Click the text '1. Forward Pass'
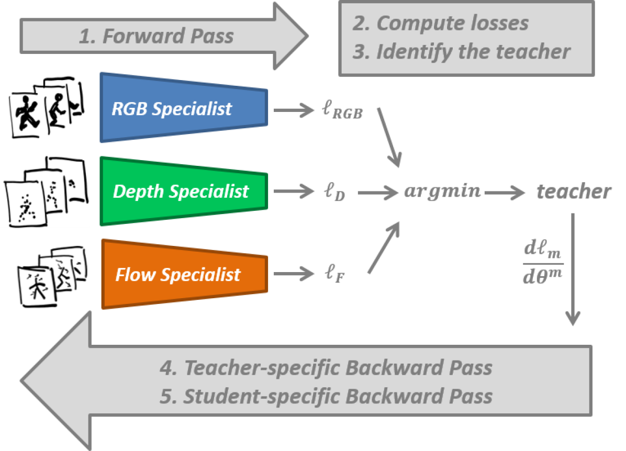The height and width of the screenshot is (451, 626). (x=156, y=37)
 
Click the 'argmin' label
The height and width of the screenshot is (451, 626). (x=442, y=191)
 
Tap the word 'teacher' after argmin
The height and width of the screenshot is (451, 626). (x=574, y=192)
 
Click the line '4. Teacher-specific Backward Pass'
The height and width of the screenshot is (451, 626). (x=326, y=368)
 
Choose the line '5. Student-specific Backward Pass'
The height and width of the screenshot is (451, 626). (x=326, y=396)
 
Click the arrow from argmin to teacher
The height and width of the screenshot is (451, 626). (x=505, y=192)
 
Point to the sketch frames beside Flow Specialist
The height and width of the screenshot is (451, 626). (x=51, y=275)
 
